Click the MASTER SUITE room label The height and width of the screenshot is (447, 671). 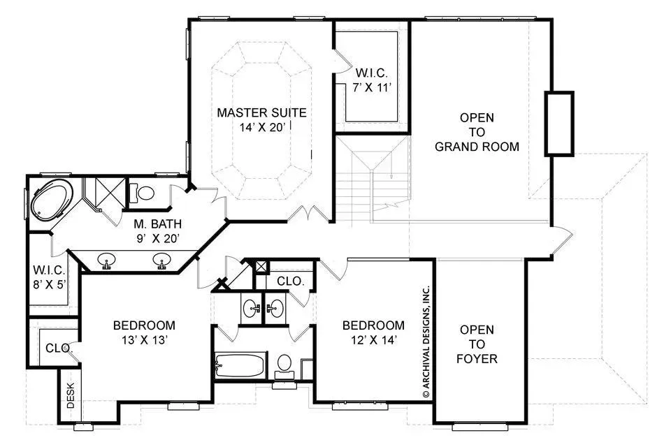[x=261, y=119]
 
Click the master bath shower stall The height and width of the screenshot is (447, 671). [x=105, y=193]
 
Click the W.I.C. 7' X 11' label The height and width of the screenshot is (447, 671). [x=372, y=80]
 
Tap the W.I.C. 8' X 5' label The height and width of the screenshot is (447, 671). [x=50, y=277]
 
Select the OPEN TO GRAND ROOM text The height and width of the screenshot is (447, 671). [x=477, y=132]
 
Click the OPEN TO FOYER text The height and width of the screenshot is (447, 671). [x=477, y=344]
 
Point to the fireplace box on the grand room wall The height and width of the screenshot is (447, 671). [x=559, y=123]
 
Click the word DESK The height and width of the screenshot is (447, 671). [x=71, y=395]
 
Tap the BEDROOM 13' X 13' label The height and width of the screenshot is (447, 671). [x=144, y=332]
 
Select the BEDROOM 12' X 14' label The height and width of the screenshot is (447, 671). [x=373, y=332]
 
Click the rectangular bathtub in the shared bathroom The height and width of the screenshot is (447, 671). [x=240, y=366]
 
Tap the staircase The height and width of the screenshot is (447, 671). [x=372, y=179]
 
